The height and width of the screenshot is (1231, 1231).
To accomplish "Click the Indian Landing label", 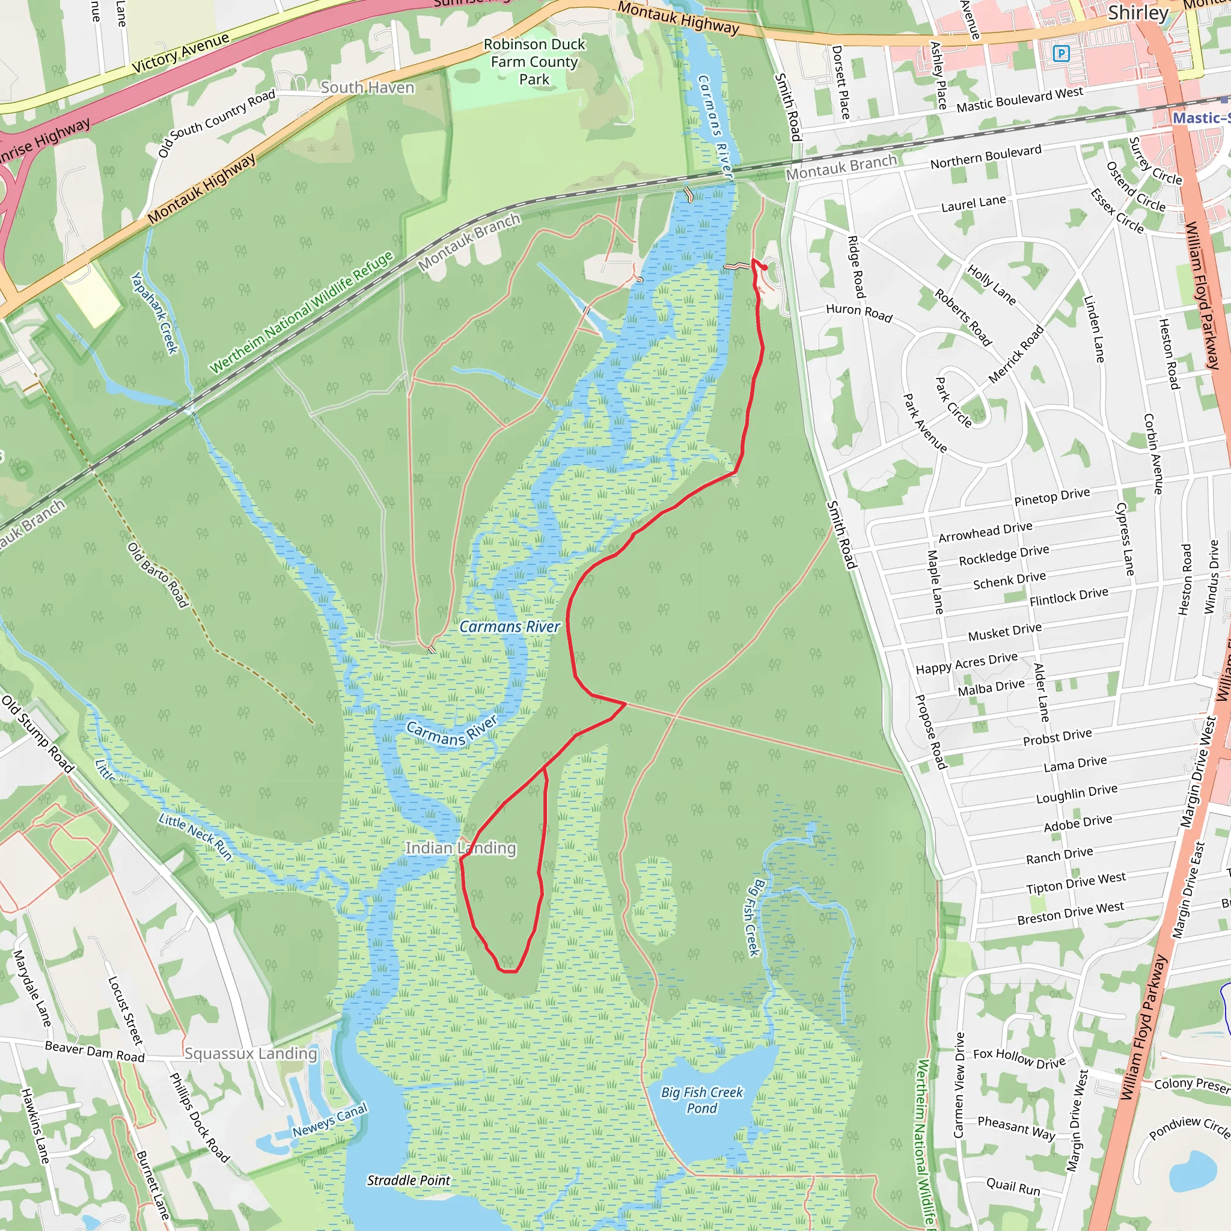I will coord(460,848).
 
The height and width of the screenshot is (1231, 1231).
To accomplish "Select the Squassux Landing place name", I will coord(251,1054).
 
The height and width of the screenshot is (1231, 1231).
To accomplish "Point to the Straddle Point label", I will coord(408,1181).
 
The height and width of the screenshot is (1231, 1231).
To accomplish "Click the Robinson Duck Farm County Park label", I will coord(534,62).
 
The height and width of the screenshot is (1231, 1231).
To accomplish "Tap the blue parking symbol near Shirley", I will coord(1061,53).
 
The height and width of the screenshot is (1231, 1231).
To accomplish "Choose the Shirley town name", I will coord(1138,13).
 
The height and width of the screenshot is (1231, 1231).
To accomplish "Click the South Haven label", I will coord(367,87).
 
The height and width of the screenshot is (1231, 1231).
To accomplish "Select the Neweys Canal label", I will coord(329,1120).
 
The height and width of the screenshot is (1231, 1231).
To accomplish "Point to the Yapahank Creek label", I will coord(154,312).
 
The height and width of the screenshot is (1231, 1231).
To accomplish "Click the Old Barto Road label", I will coord(157,575).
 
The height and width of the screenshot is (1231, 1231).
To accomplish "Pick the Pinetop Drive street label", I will coord(1052,496).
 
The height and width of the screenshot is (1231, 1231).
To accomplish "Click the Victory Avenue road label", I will coord(180,52).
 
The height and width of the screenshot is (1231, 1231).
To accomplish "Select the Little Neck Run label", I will coord(195,837).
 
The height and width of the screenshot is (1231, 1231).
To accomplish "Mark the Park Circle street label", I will coord(953,402).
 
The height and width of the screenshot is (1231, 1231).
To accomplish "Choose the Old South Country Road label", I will coord(216,123).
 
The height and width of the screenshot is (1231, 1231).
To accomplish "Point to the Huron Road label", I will coord(859,312).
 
